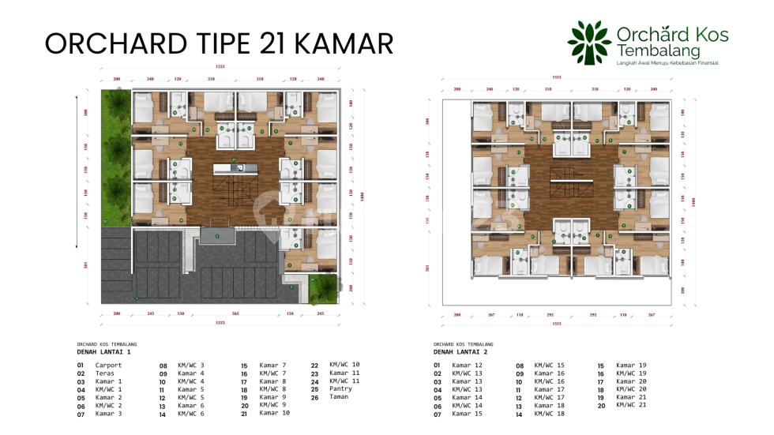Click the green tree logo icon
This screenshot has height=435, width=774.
pos(590,42)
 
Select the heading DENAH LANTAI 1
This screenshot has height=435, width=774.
pos(104,351)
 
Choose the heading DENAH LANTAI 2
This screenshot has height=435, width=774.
pos(461,351)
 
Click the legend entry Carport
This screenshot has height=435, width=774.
pos(108,366)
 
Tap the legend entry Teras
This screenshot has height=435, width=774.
pos(104,373)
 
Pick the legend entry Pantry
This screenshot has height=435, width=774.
pos(340,389)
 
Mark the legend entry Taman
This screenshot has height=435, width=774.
pos(339,397)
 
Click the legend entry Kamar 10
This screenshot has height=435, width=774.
pos(275,413)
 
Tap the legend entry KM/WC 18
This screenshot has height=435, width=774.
pos(549,413)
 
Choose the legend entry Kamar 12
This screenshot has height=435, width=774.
pos(467,366)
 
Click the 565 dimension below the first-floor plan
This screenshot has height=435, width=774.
pos(235,313)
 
